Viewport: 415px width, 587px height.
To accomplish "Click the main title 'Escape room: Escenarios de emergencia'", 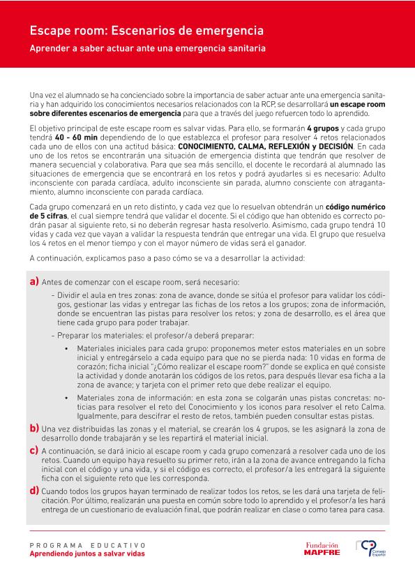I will [146, 31].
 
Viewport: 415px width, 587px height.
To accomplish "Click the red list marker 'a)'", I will [34, 282].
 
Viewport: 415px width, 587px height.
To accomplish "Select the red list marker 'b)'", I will [34, 427].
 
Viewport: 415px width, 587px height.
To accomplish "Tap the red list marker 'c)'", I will [34, 450].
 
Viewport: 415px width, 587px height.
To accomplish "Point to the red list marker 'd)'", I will [34, 491].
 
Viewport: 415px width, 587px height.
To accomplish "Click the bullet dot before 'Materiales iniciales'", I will [66, 348].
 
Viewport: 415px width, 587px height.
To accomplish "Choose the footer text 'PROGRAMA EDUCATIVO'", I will [88, 544].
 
